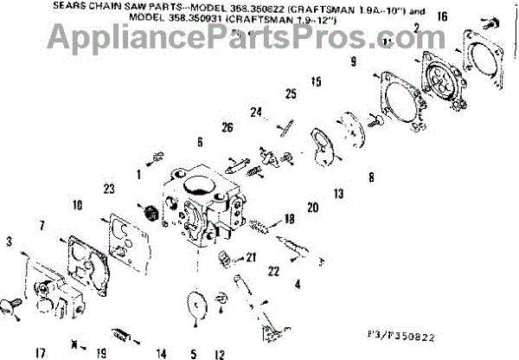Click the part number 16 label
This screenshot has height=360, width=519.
pos(443,16)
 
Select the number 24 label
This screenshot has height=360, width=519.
pos(257,112)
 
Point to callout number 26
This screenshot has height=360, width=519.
pos(227,128)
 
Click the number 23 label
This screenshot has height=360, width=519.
pos(109,189)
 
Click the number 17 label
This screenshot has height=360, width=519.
pos(40,352)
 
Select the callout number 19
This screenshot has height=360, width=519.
pos(101,352)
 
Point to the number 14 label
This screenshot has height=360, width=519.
pos(161,352)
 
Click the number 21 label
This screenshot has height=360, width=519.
pos(252,257)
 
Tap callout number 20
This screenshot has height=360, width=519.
pos(312,207)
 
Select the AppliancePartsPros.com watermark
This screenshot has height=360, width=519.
pos(259,37)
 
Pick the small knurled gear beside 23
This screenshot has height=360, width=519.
pos(148,212)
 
